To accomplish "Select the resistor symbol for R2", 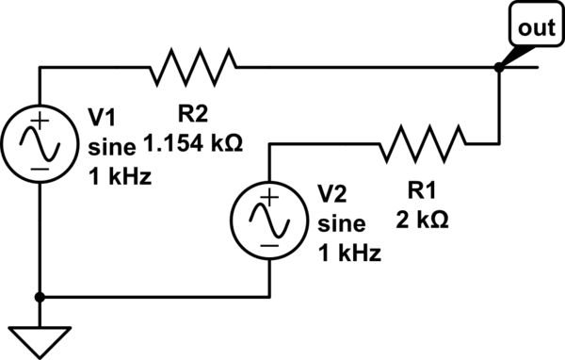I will click(x=192, y=67).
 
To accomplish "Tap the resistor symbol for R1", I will click(x=423, y=144).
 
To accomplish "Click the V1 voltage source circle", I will click(x=40, y=144).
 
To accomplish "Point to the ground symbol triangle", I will click(x=40, y=338).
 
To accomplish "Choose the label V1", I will click(x=102, y=117).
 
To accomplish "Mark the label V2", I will click(x=332, y=193).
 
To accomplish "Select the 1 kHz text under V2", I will click(x=348, y=253).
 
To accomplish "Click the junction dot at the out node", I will click(x=497, y=67).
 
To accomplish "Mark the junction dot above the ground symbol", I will click(x=40, y=296).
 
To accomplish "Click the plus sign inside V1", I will click(x=40, y=123).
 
